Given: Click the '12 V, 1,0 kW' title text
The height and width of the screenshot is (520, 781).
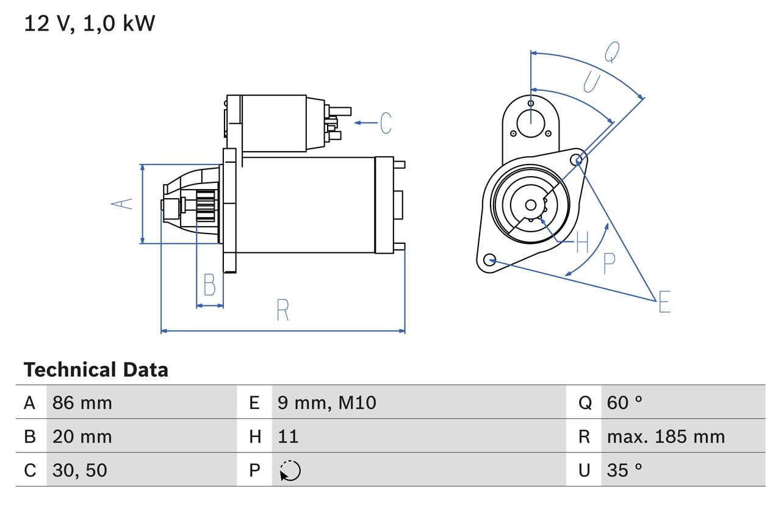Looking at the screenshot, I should point(90,24).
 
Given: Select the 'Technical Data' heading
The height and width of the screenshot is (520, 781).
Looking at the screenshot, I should point(96,370).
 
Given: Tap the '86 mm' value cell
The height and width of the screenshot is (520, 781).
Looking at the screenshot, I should point(82,402).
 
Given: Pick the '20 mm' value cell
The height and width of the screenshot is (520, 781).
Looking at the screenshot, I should point(82,436).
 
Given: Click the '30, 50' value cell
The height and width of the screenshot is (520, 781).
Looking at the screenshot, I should point(80,470).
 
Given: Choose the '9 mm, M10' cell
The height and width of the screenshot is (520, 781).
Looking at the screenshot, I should point(327,402).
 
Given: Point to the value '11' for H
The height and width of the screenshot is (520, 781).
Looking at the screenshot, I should point(288,436).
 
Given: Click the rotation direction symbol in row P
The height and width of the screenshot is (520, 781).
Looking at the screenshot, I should point(290,471).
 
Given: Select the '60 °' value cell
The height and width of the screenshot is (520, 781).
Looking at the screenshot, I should point(625,402).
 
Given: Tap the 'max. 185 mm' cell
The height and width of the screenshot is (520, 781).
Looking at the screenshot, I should point(666,436).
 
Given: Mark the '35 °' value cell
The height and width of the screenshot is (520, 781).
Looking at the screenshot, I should point(625,470).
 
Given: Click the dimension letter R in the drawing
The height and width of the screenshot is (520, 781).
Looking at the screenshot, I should point(283,310).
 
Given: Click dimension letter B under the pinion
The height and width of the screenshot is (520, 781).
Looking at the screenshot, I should point(209,285).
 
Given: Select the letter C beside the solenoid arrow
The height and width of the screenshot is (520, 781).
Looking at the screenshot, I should point(385,123).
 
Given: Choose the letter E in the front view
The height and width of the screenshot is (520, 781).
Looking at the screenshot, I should point(664,302).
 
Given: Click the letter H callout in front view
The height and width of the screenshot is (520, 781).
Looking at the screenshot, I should point(582,243).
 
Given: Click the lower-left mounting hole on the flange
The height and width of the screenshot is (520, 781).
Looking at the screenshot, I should point(489,260).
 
